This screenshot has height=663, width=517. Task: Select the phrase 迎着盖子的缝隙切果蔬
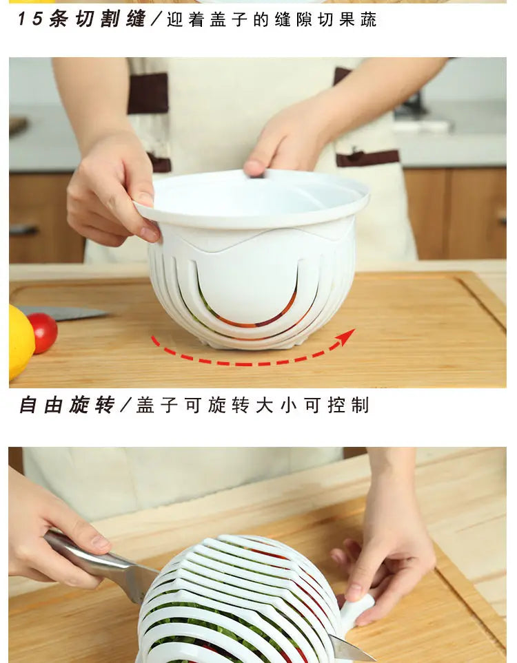(x=272, y=19)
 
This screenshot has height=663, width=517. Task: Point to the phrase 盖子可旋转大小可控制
(x=252, y=405)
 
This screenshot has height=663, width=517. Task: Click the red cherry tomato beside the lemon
(x=43, y=332)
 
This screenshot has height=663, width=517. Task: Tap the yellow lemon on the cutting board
(x=20, y=342)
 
